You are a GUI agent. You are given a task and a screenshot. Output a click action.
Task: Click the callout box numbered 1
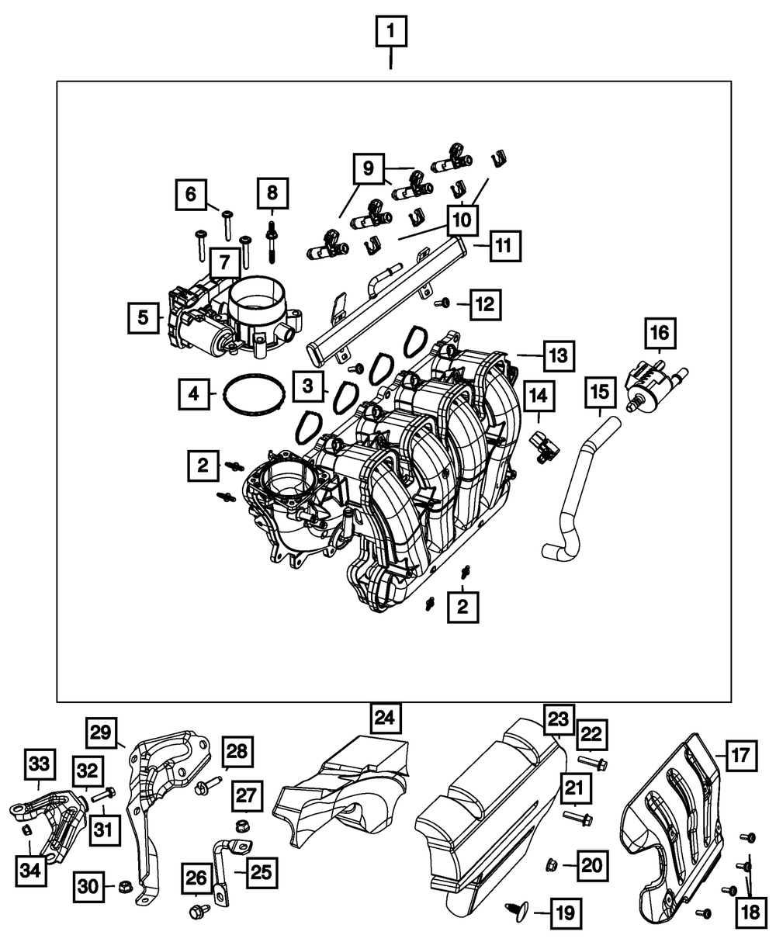[x=390, y=33]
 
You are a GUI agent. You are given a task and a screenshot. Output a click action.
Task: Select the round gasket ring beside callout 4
[x=251, y=394]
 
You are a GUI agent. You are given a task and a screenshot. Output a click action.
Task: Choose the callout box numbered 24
[x=386, y=717]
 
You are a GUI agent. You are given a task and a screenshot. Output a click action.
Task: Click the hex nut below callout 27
[x=241, y=824]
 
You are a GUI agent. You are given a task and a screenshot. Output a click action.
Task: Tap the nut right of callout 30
[x=125, y=886]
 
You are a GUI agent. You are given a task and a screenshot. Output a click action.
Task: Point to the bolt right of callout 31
[x=104, y=795]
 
